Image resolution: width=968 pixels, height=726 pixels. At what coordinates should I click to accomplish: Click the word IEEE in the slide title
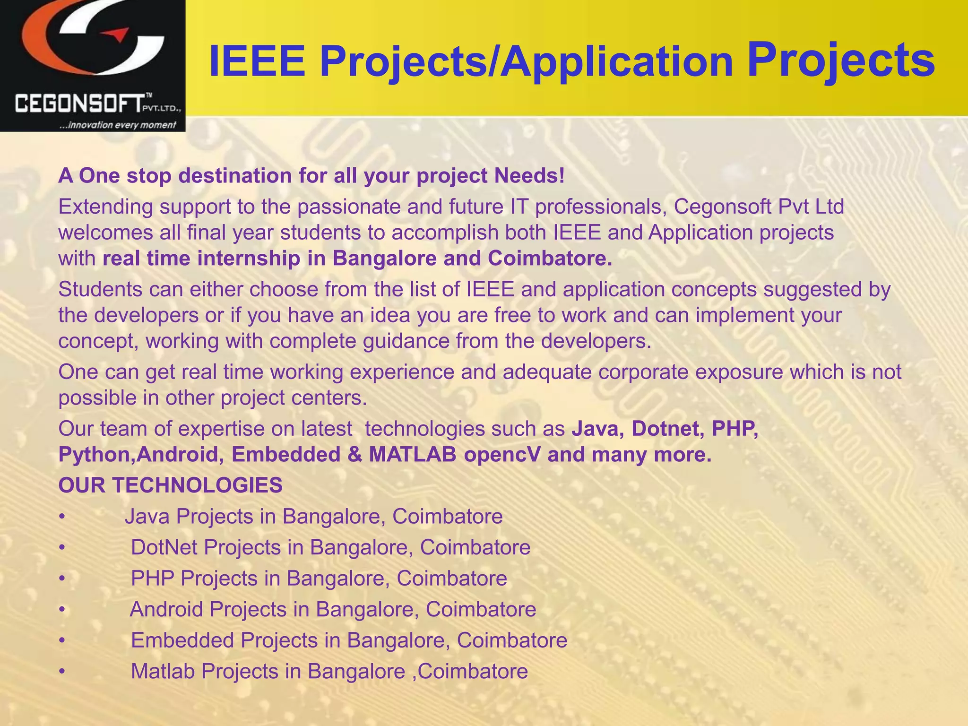click(x=257, y=61)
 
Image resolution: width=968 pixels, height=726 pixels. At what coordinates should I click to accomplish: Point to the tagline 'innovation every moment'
click(x=117, y=125)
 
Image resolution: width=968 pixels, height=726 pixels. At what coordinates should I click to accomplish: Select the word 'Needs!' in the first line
click(x=529, y=176)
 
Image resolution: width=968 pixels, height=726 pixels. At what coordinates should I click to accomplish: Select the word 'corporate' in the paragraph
click(x=643, y=372)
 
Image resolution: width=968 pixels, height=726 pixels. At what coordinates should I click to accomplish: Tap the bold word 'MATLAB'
click(x=412, y=455)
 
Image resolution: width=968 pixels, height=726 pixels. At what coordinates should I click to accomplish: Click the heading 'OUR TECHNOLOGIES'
click(x=170, y=485)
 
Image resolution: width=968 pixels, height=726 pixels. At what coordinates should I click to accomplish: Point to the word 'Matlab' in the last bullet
click(x=163, y=671)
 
